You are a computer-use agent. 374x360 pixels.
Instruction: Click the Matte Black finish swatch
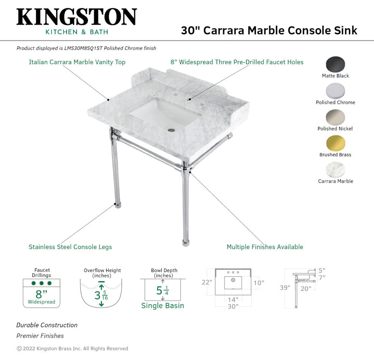pyautogui.click(x=335, y=64)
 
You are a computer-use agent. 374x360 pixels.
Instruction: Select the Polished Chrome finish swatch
pyautogui.click(x=335, y=91)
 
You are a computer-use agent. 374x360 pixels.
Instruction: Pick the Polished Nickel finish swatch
pyautogui.click(x=335, y=117)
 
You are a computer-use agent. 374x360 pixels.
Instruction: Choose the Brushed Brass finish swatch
pyautogui.click(x=335, y=143)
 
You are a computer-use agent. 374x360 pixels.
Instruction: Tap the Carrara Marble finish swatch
pyautogui.click(x=335, y=170)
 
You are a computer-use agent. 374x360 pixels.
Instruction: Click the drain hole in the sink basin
pyautogui.click(x=171, y=130)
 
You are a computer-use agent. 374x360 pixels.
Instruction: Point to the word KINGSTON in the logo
pyautogui.click(x=77, y=17)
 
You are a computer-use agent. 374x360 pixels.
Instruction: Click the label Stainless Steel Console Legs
pyautogui.click(x=70, y=247)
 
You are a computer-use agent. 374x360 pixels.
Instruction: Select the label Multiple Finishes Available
pyautogui.click(x=265, y=247)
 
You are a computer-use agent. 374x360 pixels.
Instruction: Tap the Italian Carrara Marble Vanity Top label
pyautogui.click(x=77, y=62)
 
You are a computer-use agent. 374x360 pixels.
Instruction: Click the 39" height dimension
pyautogui.click(x=285, y=288)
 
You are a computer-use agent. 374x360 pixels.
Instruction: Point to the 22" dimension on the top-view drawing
pyautogui.click(x=207, y=282)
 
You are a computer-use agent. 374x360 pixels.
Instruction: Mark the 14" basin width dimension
pyautogui.click(x=233, y=300)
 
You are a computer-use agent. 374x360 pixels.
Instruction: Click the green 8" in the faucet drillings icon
pyautogui.click(x=41, y=294)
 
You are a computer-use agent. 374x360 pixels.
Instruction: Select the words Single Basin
pyautogui.click(x=163, y=305)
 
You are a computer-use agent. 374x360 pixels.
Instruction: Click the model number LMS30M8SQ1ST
pyautogui.click(x=83, y=48)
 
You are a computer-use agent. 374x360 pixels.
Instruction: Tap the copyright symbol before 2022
pyautogui.click(x=19, y=349)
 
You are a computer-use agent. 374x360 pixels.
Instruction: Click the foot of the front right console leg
pyautogui.click(x=185, y=243)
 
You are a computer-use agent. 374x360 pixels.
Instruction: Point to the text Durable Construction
pyautogui.click(x=47, y=325)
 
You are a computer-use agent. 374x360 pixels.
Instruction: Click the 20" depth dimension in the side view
pyautogui.click(x=306, y=289)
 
